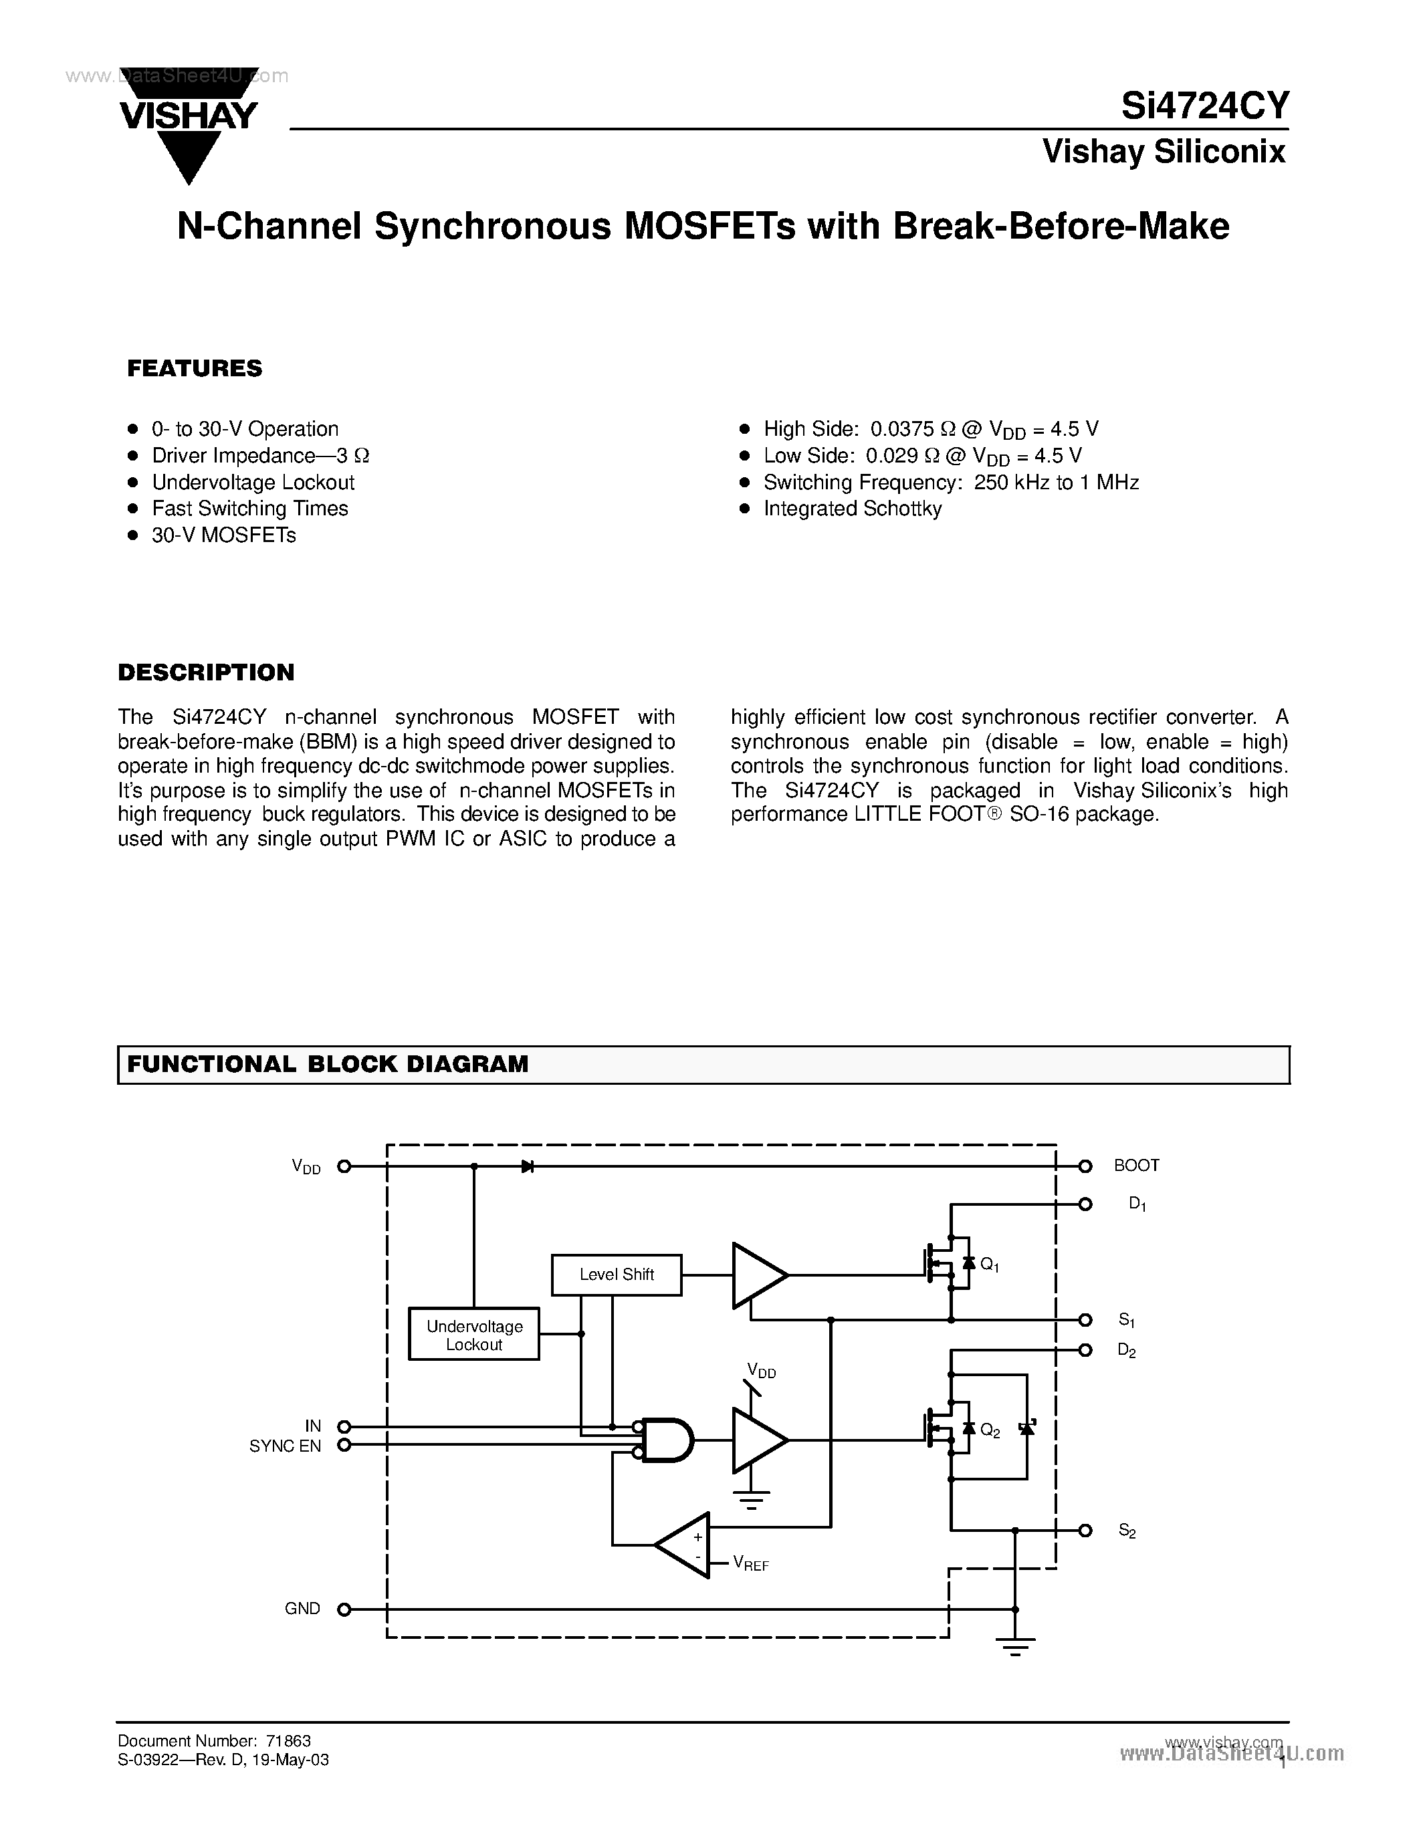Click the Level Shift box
point(617,1274)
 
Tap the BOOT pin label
point(1135,1166)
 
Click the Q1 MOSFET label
point(990,1265)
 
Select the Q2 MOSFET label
point(990,1431)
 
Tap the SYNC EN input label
point(286,1446)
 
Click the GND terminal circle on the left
point(344,1609)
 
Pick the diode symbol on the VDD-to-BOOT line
point(528,1166)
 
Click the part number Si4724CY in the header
point(1204,106)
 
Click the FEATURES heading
point(195,369)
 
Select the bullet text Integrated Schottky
point(852,509)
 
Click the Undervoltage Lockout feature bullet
point(253,482)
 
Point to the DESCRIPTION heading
point(206,672)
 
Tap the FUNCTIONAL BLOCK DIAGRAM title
point(328,1064)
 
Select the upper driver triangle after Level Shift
point(758,1275)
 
